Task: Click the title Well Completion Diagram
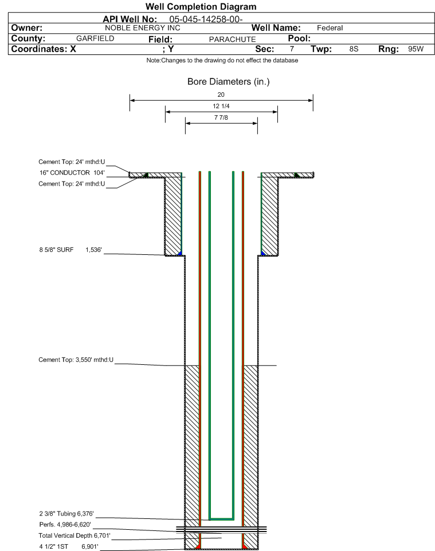pos(201,7)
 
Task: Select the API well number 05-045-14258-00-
pos(206,19)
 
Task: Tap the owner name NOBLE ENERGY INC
pos(143,28)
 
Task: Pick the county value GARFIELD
pos(95,38)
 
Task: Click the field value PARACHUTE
pos(233,40)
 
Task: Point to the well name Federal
pos(330,28)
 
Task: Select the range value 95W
pos(416,49)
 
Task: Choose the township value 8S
pos(354,49)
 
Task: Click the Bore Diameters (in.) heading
pos(229,82)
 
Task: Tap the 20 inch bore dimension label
pos(221,95)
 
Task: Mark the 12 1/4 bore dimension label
pos(221,106)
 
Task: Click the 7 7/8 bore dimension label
pos(221,117)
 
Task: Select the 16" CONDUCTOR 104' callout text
pos(72,173)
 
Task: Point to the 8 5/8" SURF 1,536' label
pos(70,250)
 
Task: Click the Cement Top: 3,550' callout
pos(76,360)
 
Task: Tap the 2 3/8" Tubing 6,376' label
pos(66,514)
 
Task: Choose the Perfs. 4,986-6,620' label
pos(65,525)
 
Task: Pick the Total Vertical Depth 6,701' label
pos(75,536)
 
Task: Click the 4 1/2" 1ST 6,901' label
pos(69,546)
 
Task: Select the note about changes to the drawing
pos(222,61)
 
